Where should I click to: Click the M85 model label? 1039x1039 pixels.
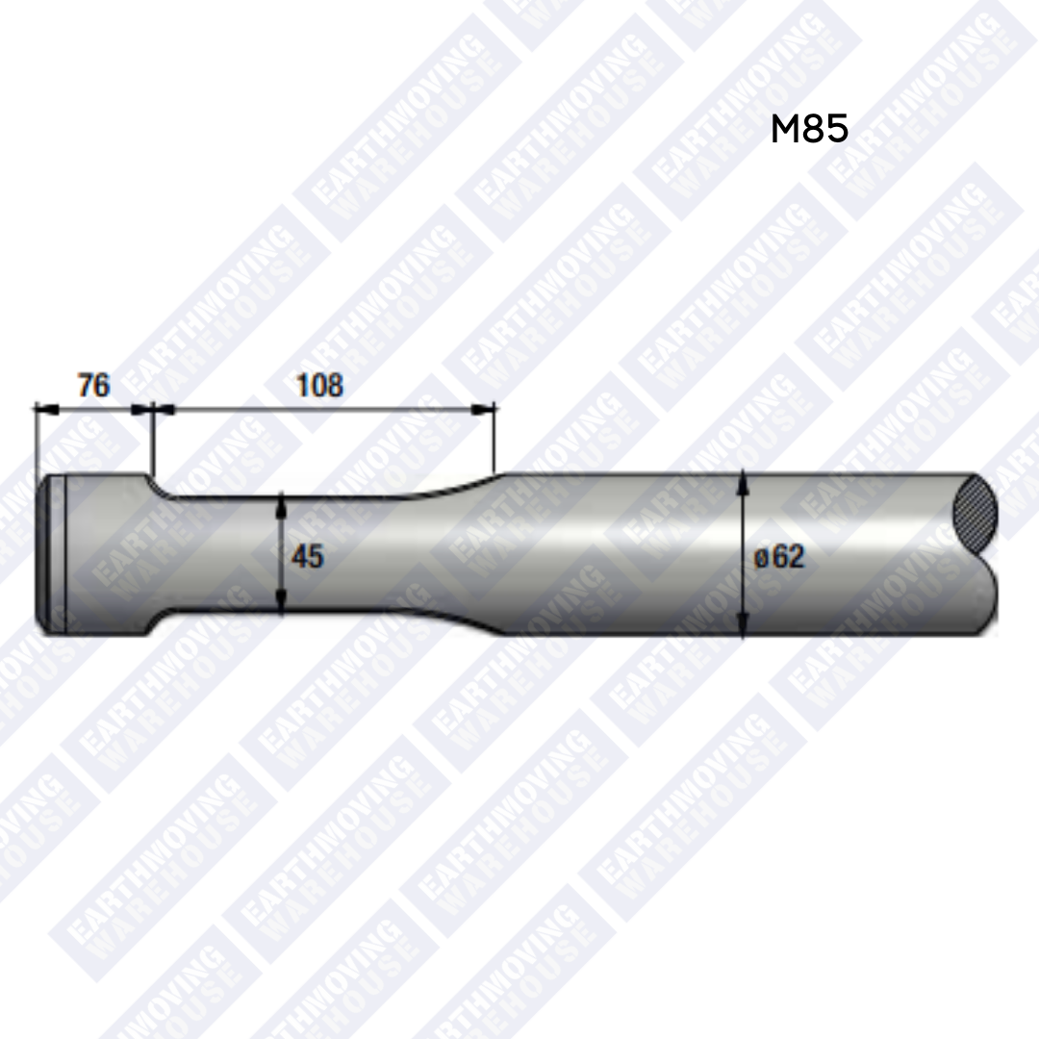[x=809, y=129]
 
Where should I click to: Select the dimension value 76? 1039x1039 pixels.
[x=93, y=387]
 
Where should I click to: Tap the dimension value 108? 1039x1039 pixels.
[x=319, y=387]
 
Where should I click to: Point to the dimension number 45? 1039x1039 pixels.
[x=308, y=556]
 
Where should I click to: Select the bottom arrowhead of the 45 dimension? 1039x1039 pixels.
[x=280, y=605]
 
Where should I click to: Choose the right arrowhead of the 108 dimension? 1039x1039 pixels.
[x=489, y=409]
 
